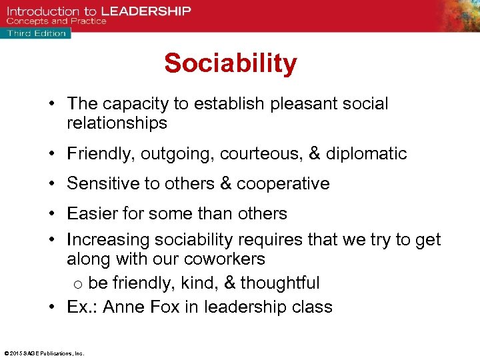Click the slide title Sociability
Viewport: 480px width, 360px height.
coord(231,64)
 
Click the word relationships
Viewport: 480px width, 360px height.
coord(117,123)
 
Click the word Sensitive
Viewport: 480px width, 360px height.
coord(101,183)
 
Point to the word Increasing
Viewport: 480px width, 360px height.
coord(108,239)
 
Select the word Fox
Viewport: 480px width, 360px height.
coord(163,307)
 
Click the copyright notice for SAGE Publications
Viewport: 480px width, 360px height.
coord(44,353)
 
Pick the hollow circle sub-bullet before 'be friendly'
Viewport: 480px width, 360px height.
coord(77,284)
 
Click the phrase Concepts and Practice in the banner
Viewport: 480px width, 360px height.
coord(56,21)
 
